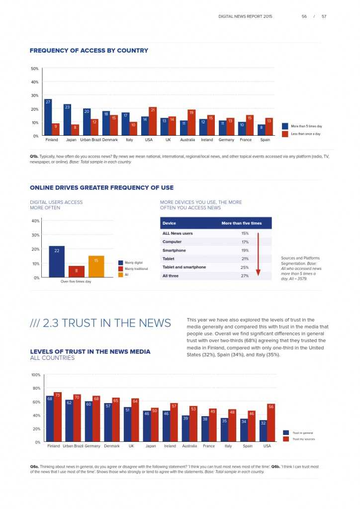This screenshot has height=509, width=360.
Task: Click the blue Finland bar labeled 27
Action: tap(48, 117)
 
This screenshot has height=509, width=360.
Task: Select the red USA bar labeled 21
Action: tap(153, 121)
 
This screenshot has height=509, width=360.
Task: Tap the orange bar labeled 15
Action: tap(96, 266)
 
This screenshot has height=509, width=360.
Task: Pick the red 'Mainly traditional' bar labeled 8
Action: tap(77, 271)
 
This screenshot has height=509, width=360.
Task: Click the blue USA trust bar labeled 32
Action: tap(263, 431)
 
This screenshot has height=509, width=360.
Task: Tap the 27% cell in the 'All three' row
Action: tap(245, 275)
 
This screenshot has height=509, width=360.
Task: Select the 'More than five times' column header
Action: tap(241, 223)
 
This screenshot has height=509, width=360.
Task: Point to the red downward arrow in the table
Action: tap(258, 253)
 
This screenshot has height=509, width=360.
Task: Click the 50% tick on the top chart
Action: tap(35, 69)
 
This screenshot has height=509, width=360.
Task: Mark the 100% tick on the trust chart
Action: tap(36, 375)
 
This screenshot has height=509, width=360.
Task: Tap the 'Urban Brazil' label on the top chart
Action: tap(90, 140)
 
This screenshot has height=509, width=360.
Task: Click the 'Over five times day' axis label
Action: tap(76, 281)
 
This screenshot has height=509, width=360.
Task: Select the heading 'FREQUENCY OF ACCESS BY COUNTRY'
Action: tap(89, 51)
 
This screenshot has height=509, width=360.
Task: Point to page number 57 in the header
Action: tap(324, 16)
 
